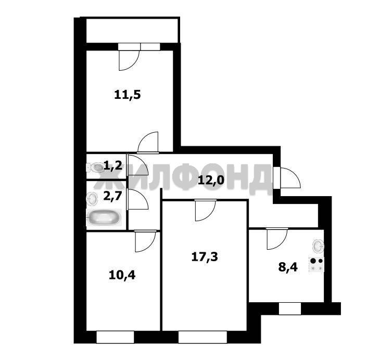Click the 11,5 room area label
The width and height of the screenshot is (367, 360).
tap(128, 95)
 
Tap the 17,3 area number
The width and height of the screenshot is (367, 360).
tap(205, 257)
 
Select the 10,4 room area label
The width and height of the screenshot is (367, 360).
tap(122, 275)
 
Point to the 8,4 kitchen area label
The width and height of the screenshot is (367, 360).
tap(288, 267)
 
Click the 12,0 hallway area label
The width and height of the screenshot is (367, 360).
tap(211, 180)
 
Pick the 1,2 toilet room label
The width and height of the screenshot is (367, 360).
tap(113, 166)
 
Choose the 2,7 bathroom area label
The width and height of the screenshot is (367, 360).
tap(113, 196)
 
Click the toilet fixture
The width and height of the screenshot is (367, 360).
tap(95, 167)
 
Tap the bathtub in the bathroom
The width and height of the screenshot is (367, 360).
tap(104, 217)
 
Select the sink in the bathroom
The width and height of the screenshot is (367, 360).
tap(92, 199)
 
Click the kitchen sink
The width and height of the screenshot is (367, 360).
tap(318, 246)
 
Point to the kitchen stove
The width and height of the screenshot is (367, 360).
tap(317, 264)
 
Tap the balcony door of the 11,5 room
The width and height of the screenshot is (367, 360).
tap(129, 57)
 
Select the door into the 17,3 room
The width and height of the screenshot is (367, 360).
tap(205, 210)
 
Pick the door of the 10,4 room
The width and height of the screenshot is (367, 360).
tap(145, 241)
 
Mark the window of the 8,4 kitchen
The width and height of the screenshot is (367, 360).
tap(290, 308)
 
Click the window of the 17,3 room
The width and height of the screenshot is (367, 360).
tap(203, 337)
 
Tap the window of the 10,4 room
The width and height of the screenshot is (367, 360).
tap(115, 337)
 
